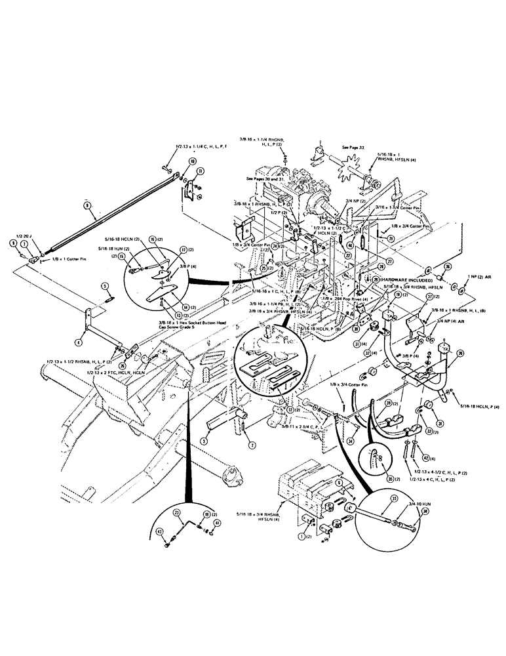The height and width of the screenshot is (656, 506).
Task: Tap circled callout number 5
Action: click(104, 285)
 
